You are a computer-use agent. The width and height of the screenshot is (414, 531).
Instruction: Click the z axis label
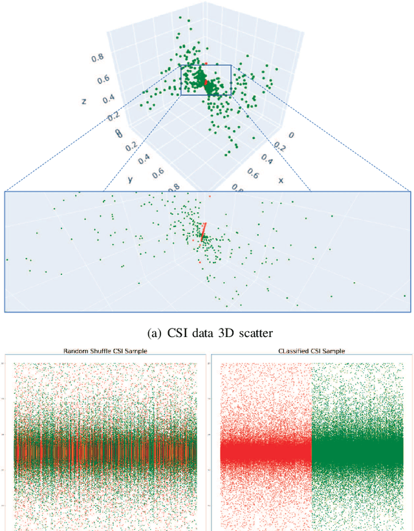[x=85, y=101]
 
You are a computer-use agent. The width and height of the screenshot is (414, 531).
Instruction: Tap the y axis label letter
[x=130, y=180]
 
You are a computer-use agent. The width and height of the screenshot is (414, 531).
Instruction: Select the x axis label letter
[x=280, y=180]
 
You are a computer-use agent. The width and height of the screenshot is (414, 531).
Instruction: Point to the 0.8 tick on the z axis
[x=96, y=58]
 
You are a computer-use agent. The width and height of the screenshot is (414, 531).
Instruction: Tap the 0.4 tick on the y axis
[x=143, y=158]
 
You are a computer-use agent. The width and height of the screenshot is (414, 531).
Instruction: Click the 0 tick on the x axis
[x=291, y=135]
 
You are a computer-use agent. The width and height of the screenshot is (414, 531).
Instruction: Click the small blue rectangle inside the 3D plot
[x=206, y=80]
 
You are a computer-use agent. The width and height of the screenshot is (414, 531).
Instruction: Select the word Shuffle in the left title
[x=108, y=351]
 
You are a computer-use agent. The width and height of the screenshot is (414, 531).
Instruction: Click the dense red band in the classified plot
[x=265, y=452]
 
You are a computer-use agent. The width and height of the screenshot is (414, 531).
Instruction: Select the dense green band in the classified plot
[x=359, y=452]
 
